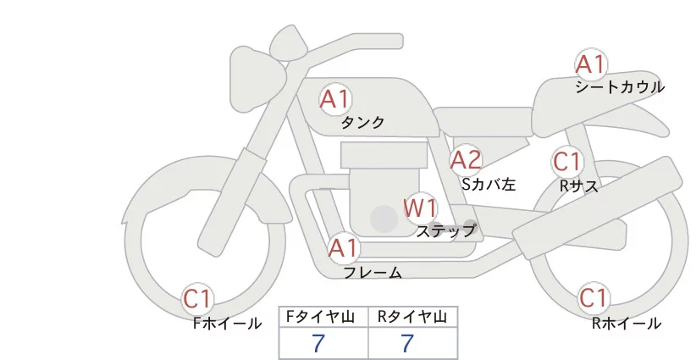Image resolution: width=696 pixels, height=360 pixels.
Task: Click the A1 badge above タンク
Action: click(x=334, y=99)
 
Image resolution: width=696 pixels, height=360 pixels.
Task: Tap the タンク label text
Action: click(x=362, y=123)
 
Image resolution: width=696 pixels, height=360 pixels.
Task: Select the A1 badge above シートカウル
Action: click(x=590, y=64)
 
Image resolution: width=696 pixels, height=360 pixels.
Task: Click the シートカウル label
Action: click(x=620, y=86)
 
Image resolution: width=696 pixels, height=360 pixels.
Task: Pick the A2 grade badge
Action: click(x=466, y=159)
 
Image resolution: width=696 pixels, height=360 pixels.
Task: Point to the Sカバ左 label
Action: click(x=489, y=182)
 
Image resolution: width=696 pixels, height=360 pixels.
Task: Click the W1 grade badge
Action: click(x=420, y=207)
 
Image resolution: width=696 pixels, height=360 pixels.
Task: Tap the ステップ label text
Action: click(x=446, y=230)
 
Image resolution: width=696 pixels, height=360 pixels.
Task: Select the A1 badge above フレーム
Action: click(x=344, y=249)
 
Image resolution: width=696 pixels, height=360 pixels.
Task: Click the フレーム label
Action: click(x=373, y=273)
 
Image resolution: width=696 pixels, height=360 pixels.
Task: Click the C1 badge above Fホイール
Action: click(x=199, y=299)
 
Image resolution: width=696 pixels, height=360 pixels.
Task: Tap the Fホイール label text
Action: click(x=228, y=323)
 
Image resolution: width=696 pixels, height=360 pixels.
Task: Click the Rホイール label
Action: click(x=626, y=323)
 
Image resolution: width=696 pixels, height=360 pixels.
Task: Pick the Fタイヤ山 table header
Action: click(x=324, y=317)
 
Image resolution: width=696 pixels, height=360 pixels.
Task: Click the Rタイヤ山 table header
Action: click(x=413, y=317)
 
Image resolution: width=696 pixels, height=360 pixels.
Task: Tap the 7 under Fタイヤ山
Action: click(x=319, y=344)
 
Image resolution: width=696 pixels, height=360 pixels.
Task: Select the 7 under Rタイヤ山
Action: click(x=408, y=344)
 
